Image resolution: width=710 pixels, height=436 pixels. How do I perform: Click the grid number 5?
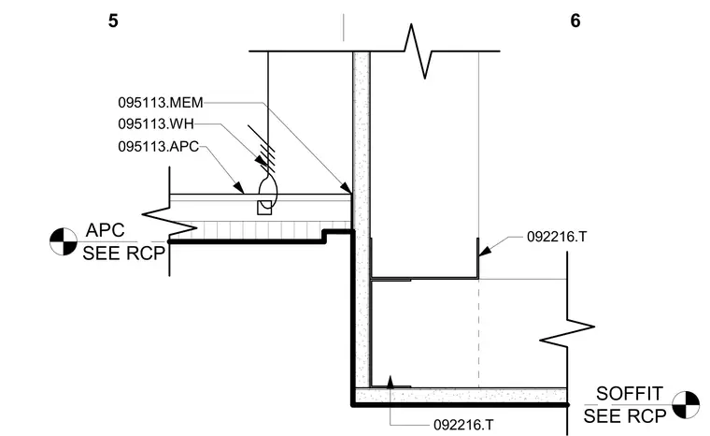[x=113, y=21]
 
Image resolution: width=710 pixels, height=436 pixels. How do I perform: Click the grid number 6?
[x=575, y=21]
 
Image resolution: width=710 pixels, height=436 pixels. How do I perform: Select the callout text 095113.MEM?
[x=161, y=103]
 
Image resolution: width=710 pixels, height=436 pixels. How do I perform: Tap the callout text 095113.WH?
[x=156, y=124]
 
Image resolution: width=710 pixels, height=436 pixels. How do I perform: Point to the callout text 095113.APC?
[x=159, y=147]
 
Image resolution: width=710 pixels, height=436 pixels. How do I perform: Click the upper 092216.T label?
[x=557, y=237]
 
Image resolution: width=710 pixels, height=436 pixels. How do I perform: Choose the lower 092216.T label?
[x=463, y=425]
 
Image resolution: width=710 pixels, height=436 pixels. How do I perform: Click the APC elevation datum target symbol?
[x=64, y=241]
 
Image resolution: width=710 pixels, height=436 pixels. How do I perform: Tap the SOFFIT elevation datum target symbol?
[x=686, y=404]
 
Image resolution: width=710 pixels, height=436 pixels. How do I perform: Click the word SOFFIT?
[x=630, y=393]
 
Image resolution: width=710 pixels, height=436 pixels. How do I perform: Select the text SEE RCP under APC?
[x=123, y=254]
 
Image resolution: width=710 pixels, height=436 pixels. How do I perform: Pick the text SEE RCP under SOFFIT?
[x=625, y=416]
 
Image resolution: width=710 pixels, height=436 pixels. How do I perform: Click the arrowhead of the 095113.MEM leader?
[x=346, y=187]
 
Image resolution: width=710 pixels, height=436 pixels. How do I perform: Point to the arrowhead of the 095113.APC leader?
[x=238, y=187]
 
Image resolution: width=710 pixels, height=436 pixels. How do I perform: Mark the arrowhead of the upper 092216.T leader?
[x=485, y=251]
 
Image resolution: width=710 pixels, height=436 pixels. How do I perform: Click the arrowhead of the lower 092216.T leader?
[x=390, y=382]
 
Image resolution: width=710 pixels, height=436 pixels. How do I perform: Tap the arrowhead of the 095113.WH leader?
[x=262, y=161]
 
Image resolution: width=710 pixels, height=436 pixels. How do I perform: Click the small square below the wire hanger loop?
[x=264, y=208]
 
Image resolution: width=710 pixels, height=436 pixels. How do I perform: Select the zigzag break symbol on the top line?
[x=418, y=51]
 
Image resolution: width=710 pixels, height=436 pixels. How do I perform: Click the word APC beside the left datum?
[x=105, y=230]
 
